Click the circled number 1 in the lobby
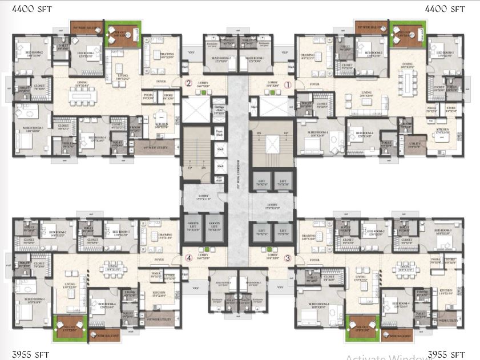pyautogui.click(x=288, y=84)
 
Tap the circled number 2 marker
pyautogui.click(x=188, y=83)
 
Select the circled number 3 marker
pyautogui.click(x=288, y=257)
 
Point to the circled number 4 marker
pyautogui.click(x=188, y=257)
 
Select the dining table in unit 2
pyautogui.click(x=84, y=96)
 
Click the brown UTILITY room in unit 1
pyautogui.click(x=414, y=145)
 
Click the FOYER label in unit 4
pyautogui.click(x=158, y=258)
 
